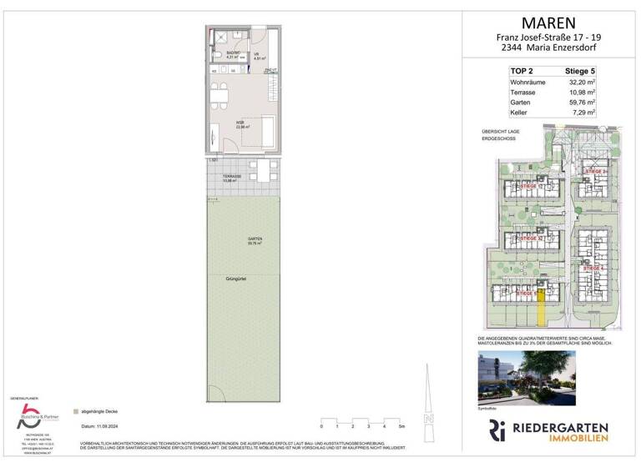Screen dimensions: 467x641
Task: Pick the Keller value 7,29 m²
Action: (581, 111)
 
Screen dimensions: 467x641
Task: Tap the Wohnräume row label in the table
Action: (527, 83)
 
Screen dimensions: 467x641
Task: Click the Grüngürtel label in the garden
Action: (235, 277)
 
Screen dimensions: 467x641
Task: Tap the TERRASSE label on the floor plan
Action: (232, 177)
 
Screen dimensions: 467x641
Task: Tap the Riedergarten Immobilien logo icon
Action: (497, 431)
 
